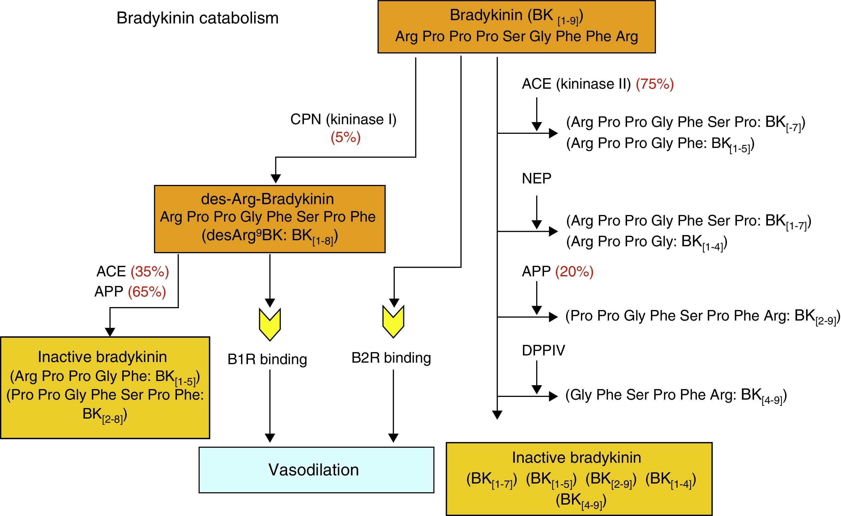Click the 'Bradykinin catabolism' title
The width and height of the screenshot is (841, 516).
coord(197,18)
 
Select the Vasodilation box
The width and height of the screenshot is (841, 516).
coord(316,470)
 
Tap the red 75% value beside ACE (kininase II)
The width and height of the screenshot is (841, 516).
coord(654,84)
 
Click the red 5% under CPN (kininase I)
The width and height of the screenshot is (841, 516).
coord(345,137)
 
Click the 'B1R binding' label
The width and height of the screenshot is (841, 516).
coord(267,359)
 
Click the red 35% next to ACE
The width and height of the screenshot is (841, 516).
coord(150,272)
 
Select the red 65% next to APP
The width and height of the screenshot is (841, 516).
coord(147,292)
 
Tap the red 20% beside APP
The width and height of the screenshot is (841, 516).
coord(574,272)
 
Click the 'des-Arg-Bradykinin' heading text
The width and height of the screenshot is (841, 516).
coord(267,199)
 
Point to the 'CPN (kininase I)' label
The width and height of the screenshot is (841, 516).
coord(343,119)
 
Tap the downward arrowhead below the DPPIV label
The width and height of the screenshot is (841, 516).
coord(537,389)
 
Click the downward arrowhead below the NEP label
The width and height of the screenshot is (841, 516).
coord(537,225)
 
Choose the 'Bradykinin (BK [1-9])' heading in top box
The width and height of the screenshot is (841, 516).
coord(516,16)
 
